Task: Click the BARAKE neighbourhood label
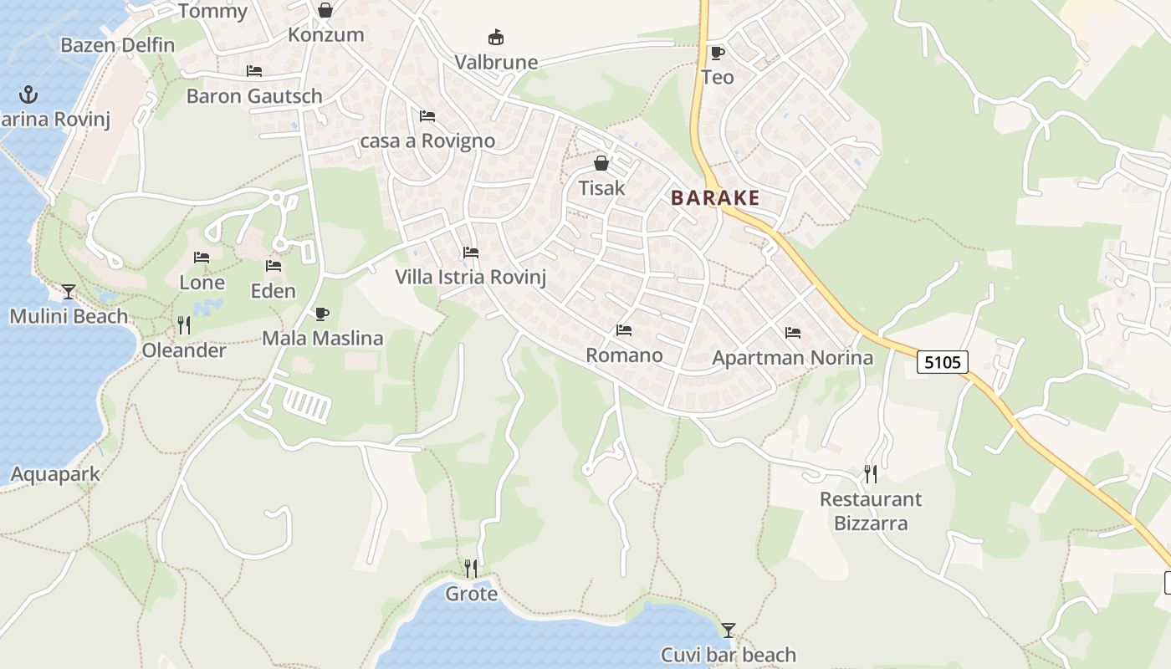pyautogui.click(x=715, y=198)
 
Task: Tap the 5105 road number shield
pyautogui.click(x=943, y=361)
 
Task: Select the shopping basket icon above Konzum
pyautogui.click(x=325, y=10)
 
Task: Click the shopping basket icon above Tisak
pyautogui.click(x=601, y=163)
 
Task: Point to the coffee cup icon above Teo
pyautogui.click(x=717, y=53)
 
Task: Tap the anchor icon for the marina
pyautogui.click(x=29, y=94)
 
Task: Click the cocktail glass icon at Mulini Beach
pyautogui.click(x=69, y=291)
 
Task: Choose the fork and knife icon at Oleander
pyautogui.click(x=184, y=324)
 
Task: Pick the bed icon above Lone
pyautogui.click(x=202, y=258)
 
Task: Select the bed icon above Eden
pyautogui.click(x=274, y=266)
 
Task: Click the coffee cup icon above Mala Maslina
pyautogui.click(x=322, y=314)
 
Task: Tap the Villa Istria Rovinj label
pyautogui.click(x=470, y=277)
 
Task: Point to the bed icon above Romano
pyautogui.click(x=624, y=330)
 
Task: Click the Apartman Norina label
pyautogui.click(x=792, y=358)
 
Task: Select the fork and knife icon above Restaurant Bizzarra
pyautogui.click(x=871, y=474)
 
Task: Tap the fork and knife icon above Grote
pyautogui.click(x=471, y=569)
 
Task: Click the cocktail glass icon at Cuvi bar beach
pyautogui.click(x=729, y=630)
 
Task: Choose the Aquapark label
pyautogui.click(x=55, y=474)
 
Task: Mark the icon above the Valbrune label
pyautogui.click(x=496, y=38)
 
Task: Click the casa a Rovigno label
pyautogui.click(x=427, y=140)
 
